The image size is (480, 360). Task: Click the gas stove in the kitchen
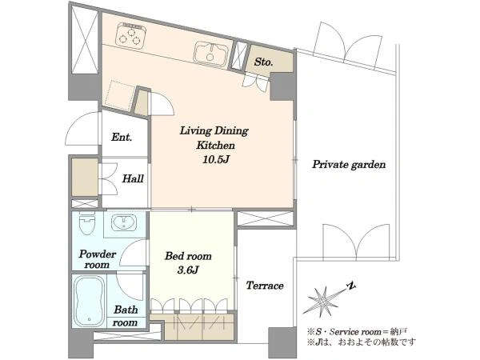[x=130, y=35]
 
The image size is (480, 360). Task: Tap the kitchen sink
[x=210, y=54]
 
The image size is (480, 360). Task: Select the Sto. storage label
[x=263, y=62]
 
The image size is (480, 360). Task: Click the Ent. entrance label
[x=122, y=137]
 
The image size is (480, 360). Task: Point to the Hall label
[x=133, y=178]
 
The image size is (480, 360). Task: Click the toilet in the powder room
[x=87, y=223]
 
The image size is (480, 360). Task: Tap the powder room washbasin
[x=124, y=222]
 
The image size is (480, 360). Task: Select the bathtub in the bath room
[x=89, y=302]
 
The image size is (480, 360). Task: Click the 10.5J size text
[x=215, y=159]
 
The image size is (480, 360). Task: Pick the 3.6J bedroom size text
[x=188, y=270]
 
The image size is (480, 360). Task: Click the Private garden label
[x=349, y=165]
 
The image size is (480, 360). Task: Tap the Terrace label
[x=265, y=286]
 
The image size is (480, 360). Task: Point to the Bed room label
[x=188, y=256]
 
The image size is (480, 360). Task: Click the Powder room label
[x=98, y=259]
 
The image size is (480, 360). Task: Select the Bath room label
[x=126, y=316]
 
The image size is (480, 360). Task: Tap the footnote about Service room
[x=358, y=332]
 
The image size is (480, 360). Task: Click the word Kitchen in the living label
[x=215, y=145]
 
